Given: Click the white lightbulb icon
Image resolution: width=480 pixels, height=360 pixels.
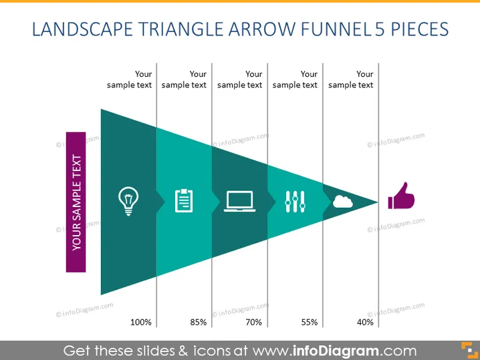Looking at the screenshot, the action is pyautogui.click(x=128, y=201).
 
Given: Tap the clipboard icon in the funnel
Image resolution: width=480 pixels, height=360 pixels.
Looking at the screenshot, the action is pyautogui.click(x=184, y=200).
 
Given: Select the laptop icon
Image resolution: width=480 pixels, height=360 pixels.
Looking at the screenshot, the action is pyautogui.click(x=240, y=201).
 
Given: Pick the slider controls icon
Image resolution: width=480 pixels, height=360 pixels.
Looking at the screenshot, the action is pyautogui.click(x=295, y=202).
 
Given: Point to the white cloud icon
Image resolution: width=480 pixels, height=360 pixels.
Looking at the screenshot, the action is pyautogui.click(x=342, y=202).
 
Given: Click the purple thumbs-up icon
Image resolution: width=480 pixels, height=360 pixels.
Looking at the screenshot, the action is pyautogui.click(x=401, y=196).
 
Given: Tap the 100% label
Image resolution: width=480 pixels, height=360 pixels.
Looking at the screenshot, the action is pyautogui.click(x=141, y=322).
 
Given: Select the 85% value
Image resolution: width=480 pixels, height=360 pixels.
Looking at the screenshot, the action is pyautogui.click(x=199, y=322).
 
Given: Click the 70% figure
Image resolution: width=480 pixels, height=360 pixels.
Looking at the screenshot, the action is pyautogui.click(x=254, y=322).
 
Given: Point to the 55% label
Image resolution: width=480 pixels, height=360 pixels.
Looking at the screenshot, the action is pyautogui.click(x=310, y=322).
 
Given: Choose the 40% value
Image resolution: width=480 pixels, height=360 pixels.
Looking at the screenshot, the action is pyautogui.click(x=365, y=322).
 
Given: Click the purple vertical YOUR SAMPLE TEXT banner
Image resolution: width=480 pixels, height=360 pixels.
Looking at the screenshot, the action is pyautogui.click(x=76, y=202).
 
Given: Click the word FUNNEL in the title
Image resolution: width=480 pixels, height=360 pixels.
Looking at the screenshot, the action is pyautogui.click(x=335, y=29).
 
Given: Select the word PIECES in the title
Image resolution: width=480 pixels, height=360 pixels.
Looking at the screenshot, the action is pyautogui.click(x=419, y=29).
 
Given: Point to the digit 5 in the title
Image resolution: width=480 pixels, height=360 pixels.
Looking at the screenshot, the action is pyautogui.click(x=380, y=29).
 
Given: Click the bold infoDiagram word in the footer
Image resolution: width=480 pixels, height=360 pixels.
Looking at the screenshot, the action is pyautogui.click(x=336, y=351).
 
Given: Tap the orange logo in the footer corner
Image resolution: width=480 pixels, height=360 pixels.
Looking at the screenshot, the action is pyautogui.click(x=469, y=350).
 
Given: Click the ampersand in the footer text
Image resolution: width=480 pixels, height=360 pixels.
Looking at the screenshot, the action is pyautogui.click(x=183, y=351).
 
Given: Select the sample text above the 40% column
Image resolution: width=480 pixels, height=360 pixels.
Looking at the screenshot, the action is pyautogui.click(x=350, y=79).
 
